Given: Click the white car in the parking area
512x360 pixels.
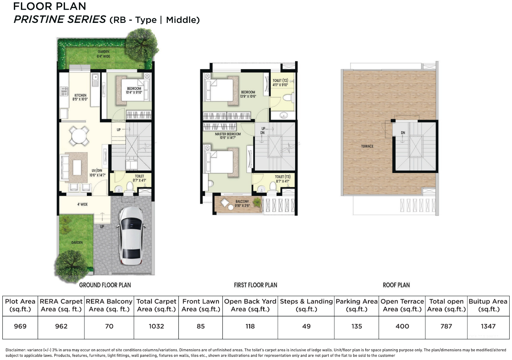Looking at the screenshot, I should click(132, 236).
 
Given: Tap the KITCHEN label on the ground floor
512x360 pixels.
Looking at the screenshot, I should click(81, 97).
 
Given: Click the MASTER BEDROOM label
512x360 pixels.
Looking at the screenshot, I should click(228, 136).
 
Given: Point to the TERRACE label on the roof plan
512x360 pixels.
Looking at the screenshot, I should click(367, 146).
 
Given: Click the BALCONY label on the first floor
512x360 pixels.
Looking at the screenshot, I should click(242, 203).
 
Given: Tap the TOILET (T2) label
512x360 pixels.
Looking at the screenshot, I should click(280, 83).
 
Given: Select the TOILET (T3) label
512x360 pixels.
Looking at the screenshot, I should click(282, 179).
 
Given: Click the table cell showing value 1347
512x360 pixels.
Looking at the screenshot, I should click(488, 326).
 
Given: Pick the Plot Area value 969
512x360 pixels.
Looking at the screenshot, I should click(20, 326).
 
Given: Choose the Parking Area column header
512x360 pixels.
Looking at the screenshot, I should click(356, 305).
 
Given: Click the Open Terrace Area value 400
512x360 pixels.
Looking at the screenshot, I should click(402, 326).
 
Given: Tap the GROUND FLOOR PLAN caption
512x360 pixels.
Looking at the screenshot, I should click(105, 285).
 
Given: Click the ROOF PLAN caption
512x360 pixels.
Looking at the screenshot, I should click(396, 285).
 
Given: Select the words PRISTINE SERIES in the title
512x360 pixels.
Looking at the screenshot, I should click(60, 20).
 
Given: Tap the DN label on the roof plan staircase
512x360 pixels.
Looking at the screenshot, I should click(403, 133).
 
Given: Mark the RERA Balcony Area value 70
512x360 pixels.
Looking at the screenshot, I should click(109, 326).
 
